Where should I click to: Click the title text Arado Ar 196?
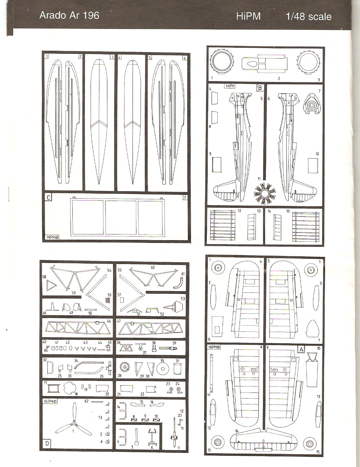(69, 16)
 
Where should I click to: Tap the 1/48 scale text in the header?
(309, 16)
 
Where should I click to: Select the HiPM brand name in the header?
(248, 16)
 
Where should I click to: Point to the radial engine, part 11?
(265, 192)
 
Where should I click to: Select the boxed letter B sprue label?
(260, 88)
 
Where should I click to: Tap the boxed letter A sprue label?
(301, 349)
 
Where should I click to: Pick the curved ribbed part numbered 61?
(178, 282)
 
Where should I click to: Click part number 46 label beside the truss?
(109, 321)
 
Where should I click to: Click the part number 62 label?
(86, 401)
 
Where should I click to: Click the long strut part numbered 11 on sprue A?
(211, 373)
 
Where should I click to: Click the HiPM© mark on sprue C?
(53, 237)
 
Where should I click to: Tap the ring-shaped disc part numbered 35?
(163, 369)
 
